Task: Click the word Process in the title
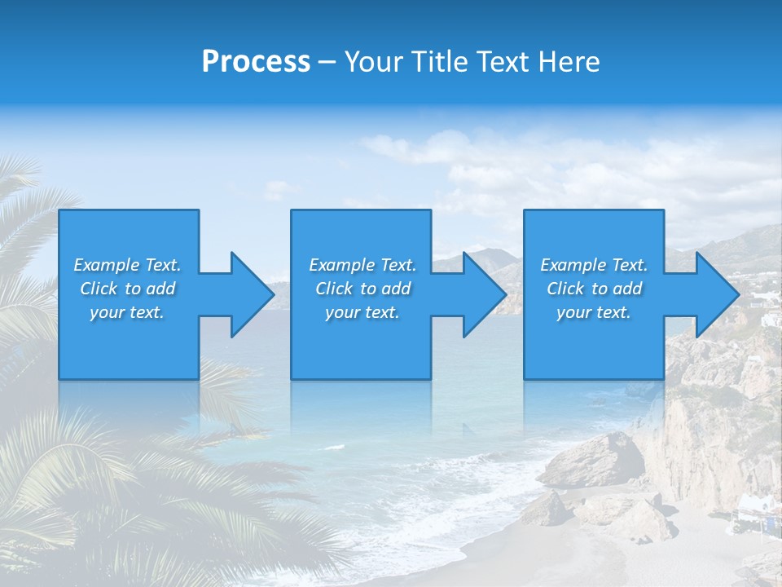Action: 256,62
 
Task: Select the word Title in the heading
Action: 437,62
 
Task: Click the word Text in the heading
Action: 502,62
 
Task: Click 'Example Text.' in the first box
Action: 127,265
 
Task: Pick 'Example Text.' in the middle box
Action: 362,265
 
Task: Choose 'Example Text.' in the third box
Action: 594,265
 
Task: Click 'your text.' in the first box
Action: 127,312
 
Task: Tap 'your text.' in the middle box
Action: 362,312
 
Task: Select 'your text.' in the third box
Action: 594,312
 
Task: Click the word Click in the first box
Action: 99,289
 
